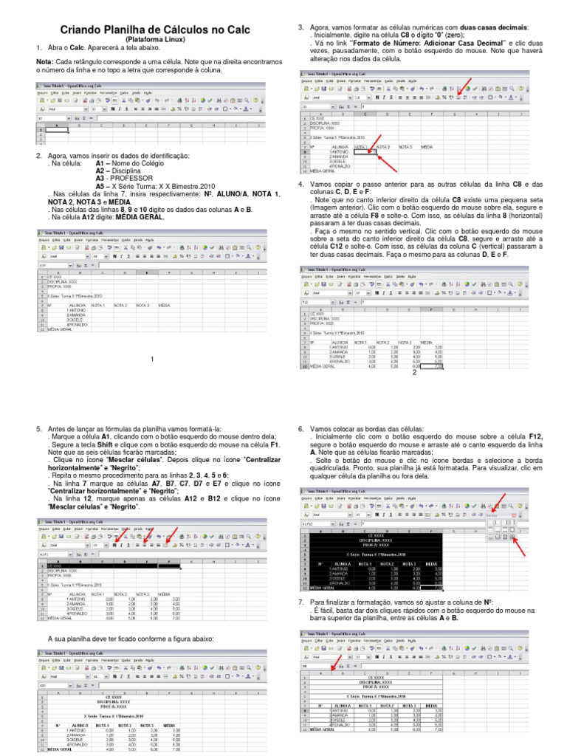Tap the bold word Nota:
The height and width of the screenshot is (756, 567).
pyautogui.click(x=45, y=63)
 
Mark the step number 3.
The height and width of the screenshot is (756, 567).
pyautogui.click(x=301, y=27)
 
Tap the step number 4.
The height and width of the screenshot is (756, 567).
pyautogui.click(x=301, y=184)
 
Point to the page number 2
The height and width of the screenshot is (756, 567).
pyautogui.click(x=415, y=372)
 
